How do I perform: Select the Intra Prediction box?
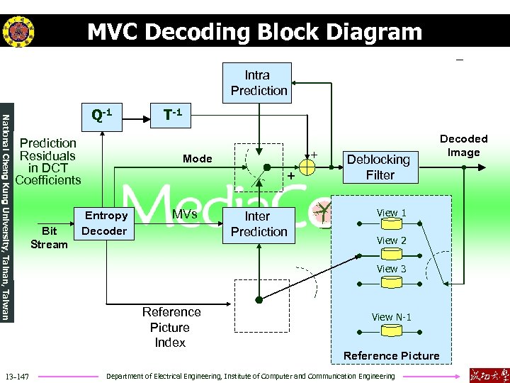(x=257, y=82)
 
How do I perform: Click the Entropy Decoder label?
(x=105, y=223)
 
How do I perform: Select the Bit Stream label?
(x=49, y=238)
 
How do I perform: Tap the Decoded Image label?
(x=463, y=145)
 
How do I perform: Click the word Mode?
(x=197, y=159)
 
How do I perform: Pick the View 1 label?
(x=391, y=213)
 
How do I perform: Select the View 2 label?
(x=391, y=240)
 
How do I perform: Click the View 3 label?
(x=391, y=269)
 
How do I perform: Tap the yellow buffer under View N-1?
(x=391, y=331)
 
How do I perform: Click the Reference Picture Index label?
(x=171, y=327)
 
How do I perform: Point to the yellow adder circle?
(x=307, y=167)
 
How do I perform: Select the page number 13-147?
(x=16, y=375)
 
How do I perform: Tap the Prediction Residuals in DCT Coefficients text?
(x=47, y=162)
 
